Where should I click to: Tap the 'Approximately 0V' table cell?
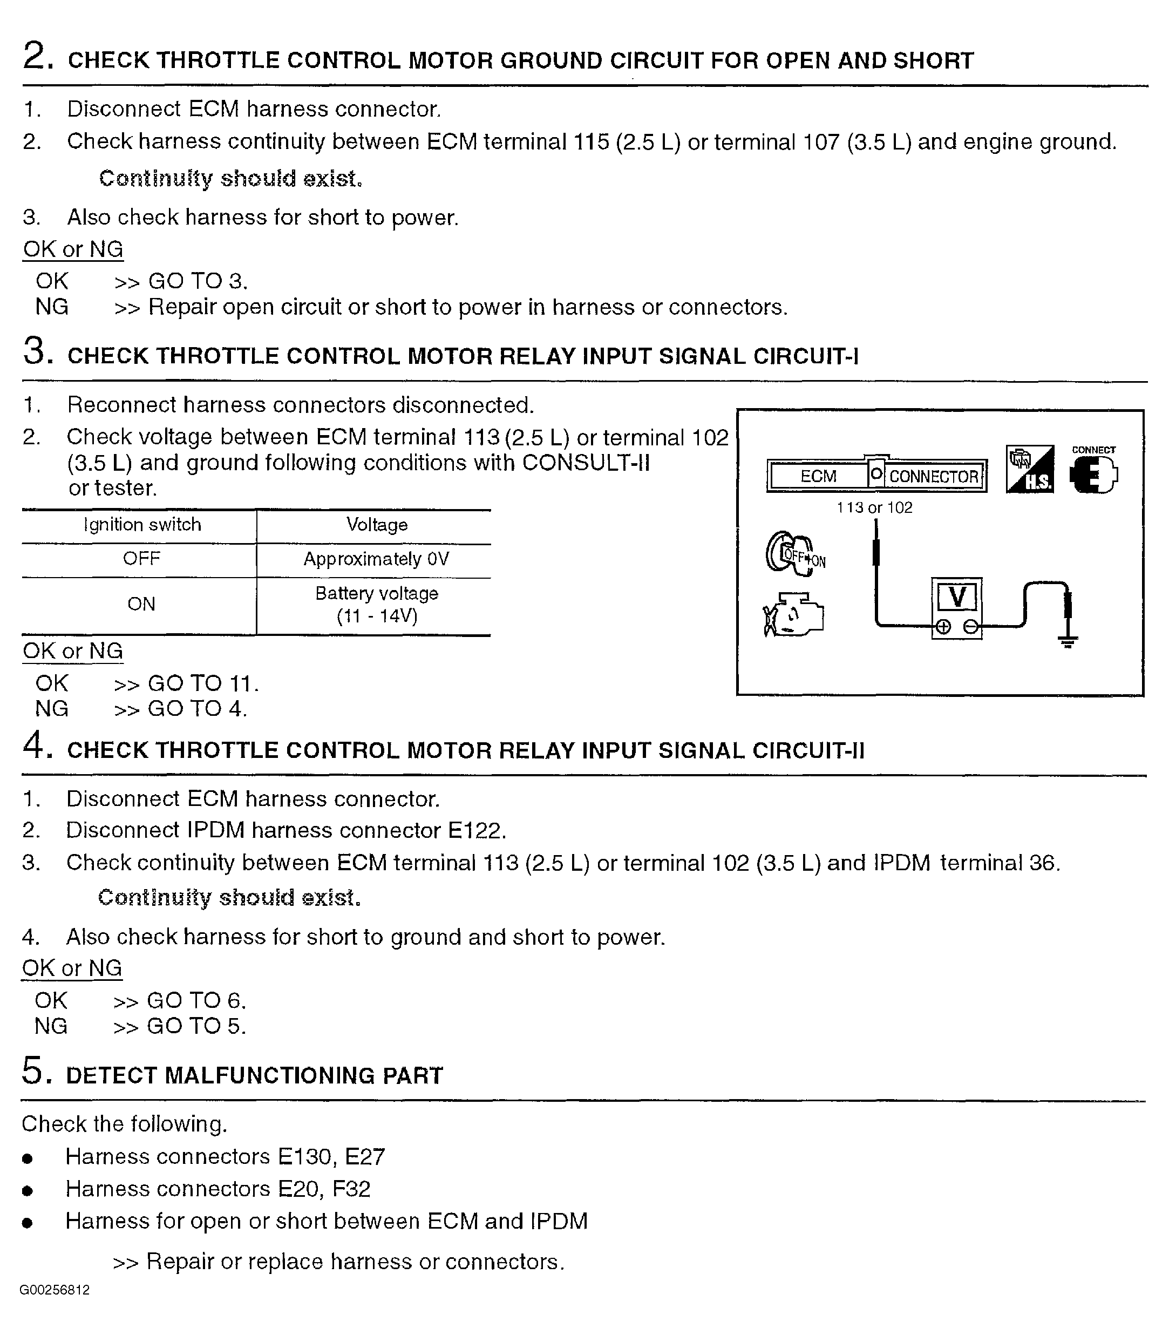[x=376, y=559]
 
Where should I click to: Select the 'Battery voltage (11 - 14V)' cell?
[x=376, y=604]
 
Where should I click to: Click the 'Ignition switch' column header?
[x=141, y=525]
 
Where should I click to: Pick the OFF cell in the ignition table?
[x=141, y=559]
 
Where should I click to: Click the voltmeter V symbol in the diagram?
[x=957, y=597]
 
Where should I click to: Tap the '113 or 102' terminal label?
[x=874, y=507]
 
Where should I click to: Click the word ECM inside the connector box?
[x=818, y=476]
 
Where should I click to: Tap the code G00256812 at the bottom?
[x=55, y=1290]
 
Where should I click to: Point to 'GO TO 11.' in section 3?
[x=203, y=683]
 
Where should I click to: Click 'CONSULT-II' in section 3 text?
[x=586, y=463]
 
